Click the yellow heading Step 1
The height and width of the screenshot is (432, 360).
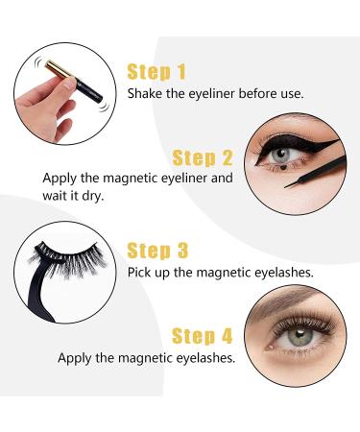(x=156, y=72)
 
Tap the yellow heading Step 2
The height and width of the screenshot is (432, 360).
(x=203, y=157)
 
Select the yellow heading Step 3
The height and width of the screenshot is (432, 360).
(x=157, y=251)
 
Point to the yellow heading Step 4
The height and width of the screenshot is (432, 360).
(x=203, y=336)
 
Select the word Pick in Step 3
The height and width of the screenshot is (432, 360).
(x=138, y=273)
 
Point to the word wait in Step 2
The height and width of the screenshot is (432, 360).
(x=55, y=195)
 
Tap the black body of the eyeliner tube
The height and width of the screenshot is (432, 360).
(x=88, y=87)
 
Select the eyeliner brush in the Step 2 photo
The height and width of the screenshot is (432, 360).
(x=316, y=172)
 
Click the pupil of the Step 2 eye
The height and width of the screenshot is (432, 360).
(x=280, y=153)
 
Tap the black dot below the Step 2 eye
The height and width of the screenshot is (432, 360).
(x=284, y=166)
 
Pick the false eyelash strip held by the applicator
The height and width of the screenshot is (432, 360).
(x=69, y=256)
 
